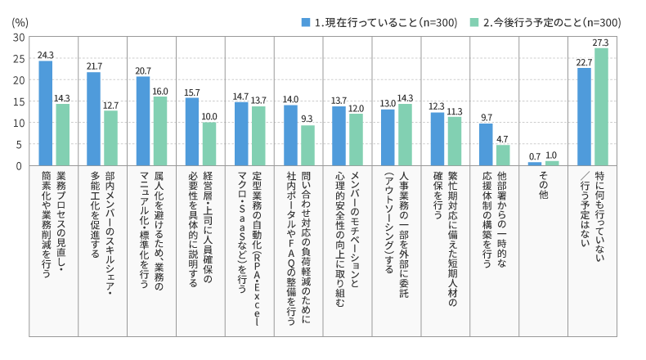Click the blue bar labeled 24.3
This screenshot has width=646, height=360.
tap(45, 113)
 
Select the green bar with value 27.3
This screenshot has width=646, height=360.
tap(601, 106)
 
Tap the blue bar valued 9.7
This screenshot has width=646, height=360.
tap(486, 144)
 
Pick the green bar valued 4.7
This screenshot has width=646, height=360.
tap(503, 155)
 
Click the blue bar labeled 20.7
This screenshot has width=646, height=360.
tap(143, 120)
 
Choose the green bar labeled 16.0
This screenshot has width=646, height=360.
tap(160, 131)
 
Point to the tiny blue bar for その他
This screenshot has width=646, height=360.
tap(535, 164)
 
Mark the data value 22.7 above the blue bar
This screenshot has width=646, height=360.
tap(584, 62)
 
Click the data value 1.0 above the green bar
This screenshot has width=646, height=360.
tap(553, 155)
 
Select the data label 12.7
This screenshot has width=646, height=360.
tap(111, 105)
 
